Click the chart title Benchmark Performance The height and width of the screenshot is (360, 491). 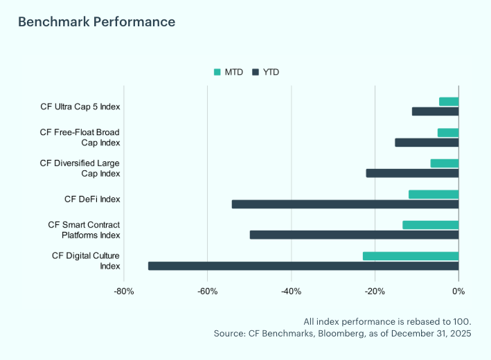[96, 22]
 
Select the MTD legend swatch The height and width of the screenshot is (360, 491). [217, 72]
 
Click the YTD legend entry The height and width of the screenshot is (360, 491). [266, 72]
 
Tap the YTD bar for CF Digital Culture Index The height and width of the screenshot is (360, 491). [303, 266]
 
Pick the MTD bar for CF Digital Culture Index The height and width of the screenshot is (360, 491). [411, 256]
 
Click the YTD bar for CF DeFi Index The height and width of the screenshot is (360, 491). [345, 204]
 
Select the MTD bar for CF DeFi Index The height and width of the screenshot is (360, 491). [434, 195]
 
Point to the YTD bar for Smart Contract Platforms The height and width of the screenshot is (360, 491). [354, 235]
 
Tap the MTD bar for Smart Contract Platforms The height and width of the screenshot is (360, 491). [430, 225]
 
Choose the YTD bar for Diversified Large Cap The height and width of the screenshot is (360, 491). [412, 173]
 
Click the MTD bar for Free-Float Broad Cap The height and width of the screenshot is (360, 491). [448, 133]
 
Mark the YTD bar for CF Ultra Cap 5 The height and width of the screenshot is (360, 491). [435, 111]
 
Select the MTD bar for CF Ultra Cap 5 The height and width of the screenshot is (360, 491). [449, 102]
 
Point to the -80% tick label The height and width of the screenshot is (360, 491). [124, 291]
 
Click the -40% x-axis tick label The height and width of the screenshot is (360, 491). [291, 291]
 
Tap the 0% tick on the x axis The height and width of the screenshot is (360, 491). [458, 291]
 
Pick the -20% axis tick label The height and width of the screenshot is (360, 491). [375, 291]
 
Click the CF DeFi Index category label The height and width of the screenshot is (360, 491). [92, 199]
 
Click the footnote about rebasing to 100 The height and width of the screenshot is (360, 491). [387, 322]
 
